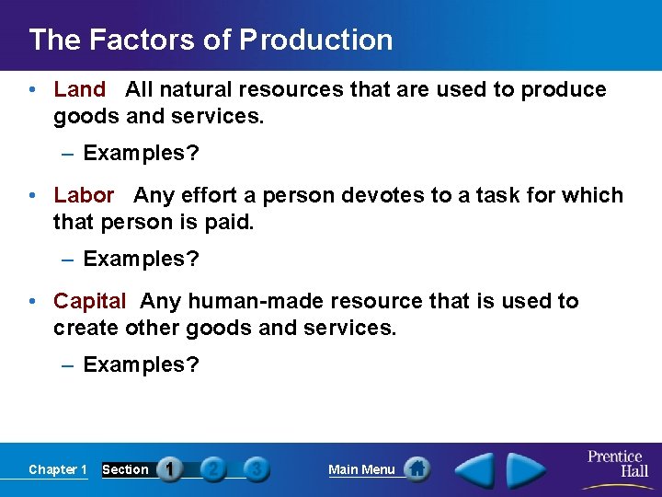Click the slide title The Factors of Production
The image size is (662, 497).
pos(211,40)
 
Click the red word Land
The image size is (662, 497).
pos(80,89)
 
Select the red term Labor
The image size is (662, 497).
pos(84,195)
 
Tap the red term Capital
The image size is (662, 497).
pos(89,301)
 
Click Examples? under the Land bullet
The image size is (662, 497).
pos(141,153)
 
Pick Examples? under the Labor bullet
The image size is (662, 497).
pos(141,259)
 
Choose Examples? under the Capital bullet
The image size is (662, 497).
pos(141,364)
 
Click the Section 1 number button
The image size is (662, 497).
pos(169,469)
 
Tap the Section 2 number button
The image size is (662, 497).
pos(213,469)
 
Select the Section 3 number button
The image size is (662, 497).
pos(257,469)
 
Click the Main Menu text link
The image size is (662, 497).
pos(361,469)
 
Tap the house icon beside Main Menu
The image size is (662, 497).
pos(417,469)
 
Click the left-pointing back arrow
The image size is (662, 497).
pos(475,469)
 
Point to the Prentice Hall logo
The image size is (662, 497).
pos(616,464)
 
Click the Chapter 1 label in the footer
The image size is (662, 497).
pos(57,469)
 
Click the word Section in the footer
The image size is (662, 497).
pos(125,469)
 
